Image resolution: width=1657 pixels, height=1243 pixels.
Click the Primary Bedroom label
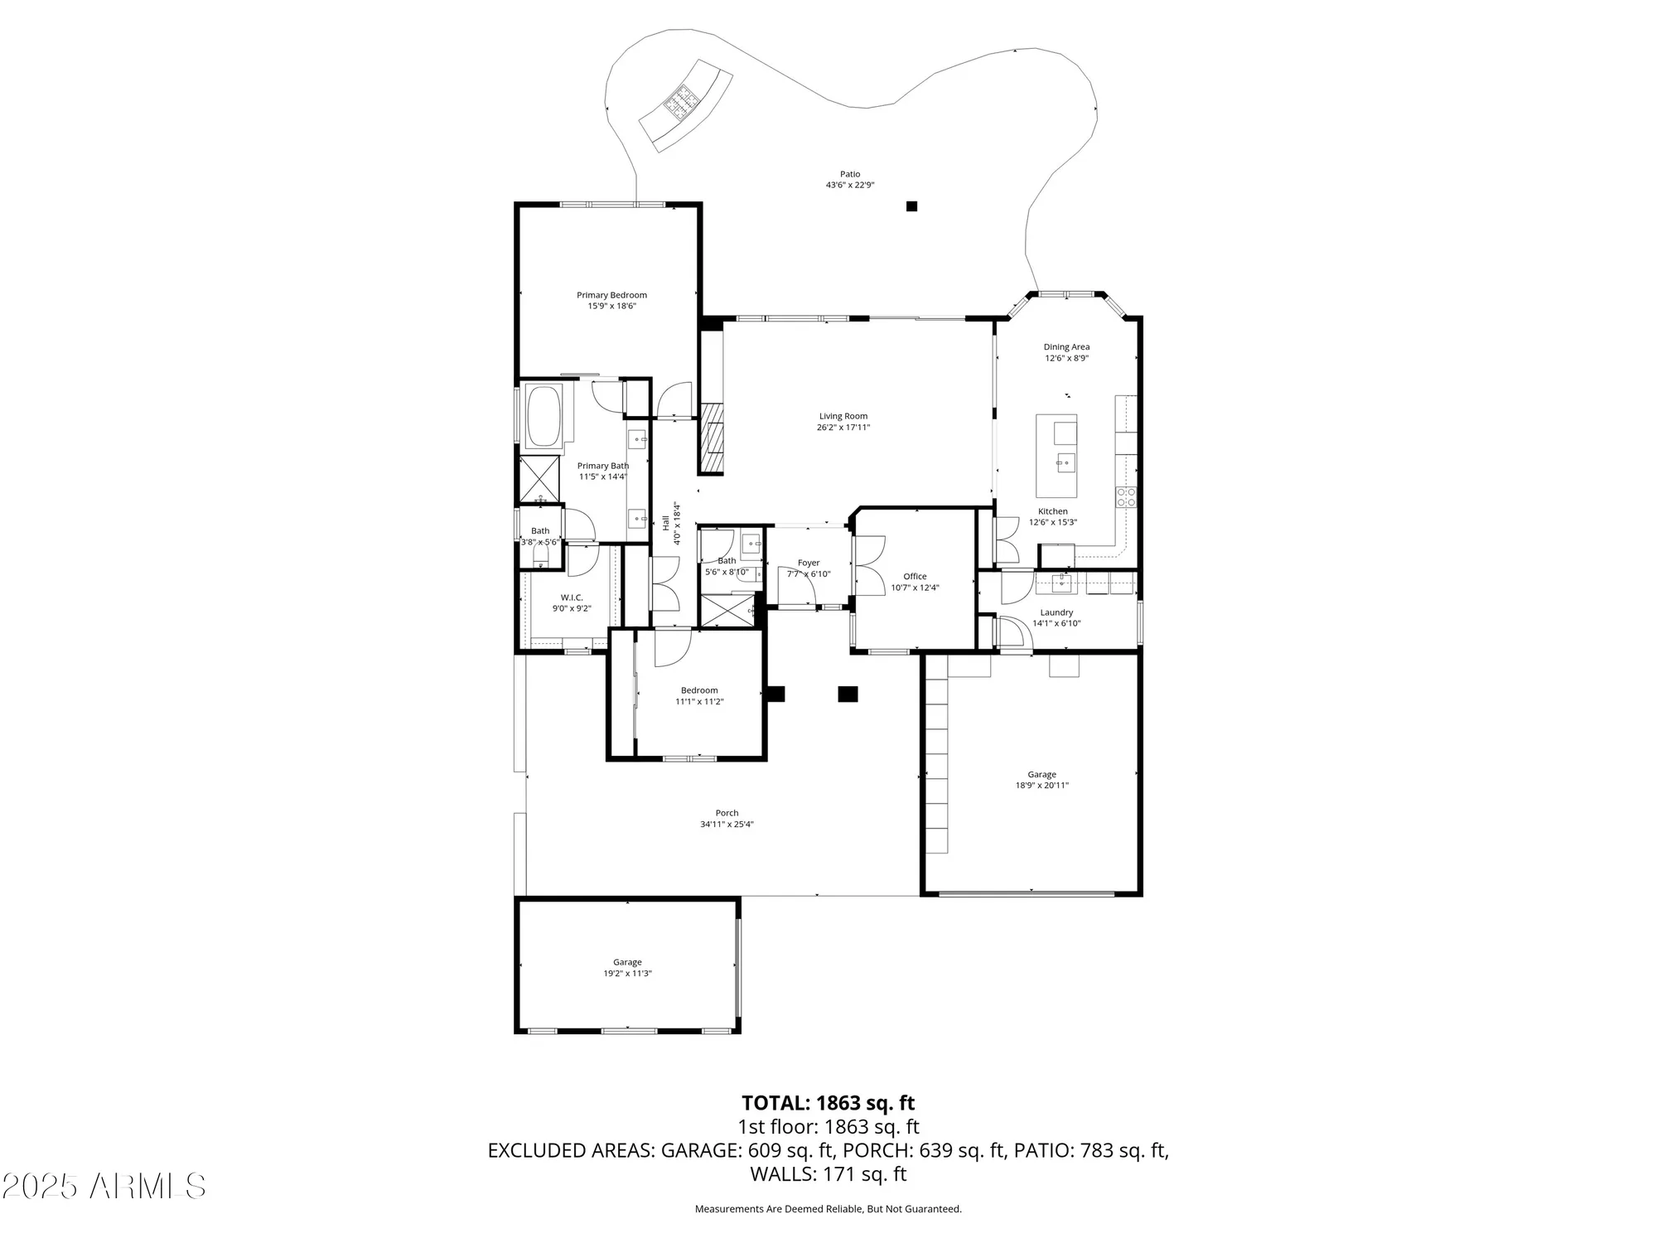[x=611, y=295]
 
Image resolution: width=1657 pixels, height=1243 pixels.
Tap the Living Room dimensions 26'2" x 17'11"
[x=843, y=428]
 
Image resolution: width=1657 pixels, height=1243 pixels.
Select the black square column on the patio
[x=911, y=206]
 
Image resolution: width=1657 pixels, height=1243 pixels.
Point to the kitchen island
[x=1056, y=455]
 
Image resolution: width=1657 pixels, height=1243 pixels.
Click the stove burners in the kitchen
[x=1126, y=496]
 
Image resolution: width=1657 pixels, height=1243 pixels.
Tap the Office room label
[x=915, y=576]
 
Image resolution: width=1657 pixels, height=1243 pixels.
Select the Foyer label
[x=809, y=563]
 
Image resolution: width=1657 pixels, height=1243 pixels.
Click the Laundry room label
[x=1056, y=612]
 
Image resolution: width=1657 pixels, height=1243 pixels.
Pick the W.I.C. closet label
[x=572, y=597]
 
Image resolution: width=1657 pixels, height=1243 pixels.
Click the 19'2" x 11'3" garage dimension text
[x=627, y=974]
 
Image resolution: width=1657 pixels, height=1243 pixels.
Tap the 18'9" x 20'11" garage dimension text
[x=1041, y=786]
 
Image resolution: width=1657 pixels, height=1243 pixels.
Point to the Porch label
[x=727, y=813]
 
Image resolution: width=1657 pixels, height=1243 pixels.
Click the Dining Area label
[x=1066, y=347]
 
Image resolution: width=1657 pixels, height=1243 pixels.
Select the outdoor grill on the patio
[x=683, y=103]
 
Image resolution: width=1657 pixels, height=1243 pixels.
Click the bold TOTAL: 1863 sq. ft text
[x=828, y=1103]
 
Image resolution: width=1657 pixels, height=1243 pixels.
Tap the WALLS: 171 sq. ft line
[x=828, y=1173]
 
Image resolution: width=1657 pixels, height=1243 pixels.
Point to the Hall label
[x=665, y=523]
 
